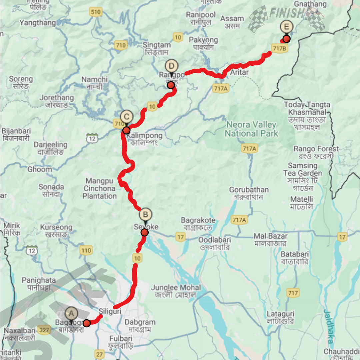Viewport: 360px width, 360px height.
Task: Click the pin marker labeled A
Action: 71,314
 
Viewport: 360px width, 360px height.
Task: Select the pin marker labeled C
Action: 126,117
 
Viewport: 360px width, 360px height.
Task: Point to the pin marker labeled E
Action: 287,27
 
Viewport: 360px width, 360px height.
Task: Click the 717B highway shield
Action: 279,48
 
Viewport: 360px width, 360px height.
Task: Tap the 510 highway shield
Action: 95,12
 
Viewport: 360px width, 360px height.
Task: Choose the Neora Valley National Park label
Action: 251,129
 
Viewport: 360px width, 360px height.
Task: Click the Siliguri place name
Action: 110,311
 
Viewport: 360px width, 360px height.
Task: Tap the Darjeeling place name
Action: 50,145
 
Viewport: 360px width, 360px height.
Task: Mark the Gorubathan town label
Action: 249,190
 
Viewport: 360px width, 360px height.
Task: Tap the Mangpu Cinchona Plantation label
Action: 99,188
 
